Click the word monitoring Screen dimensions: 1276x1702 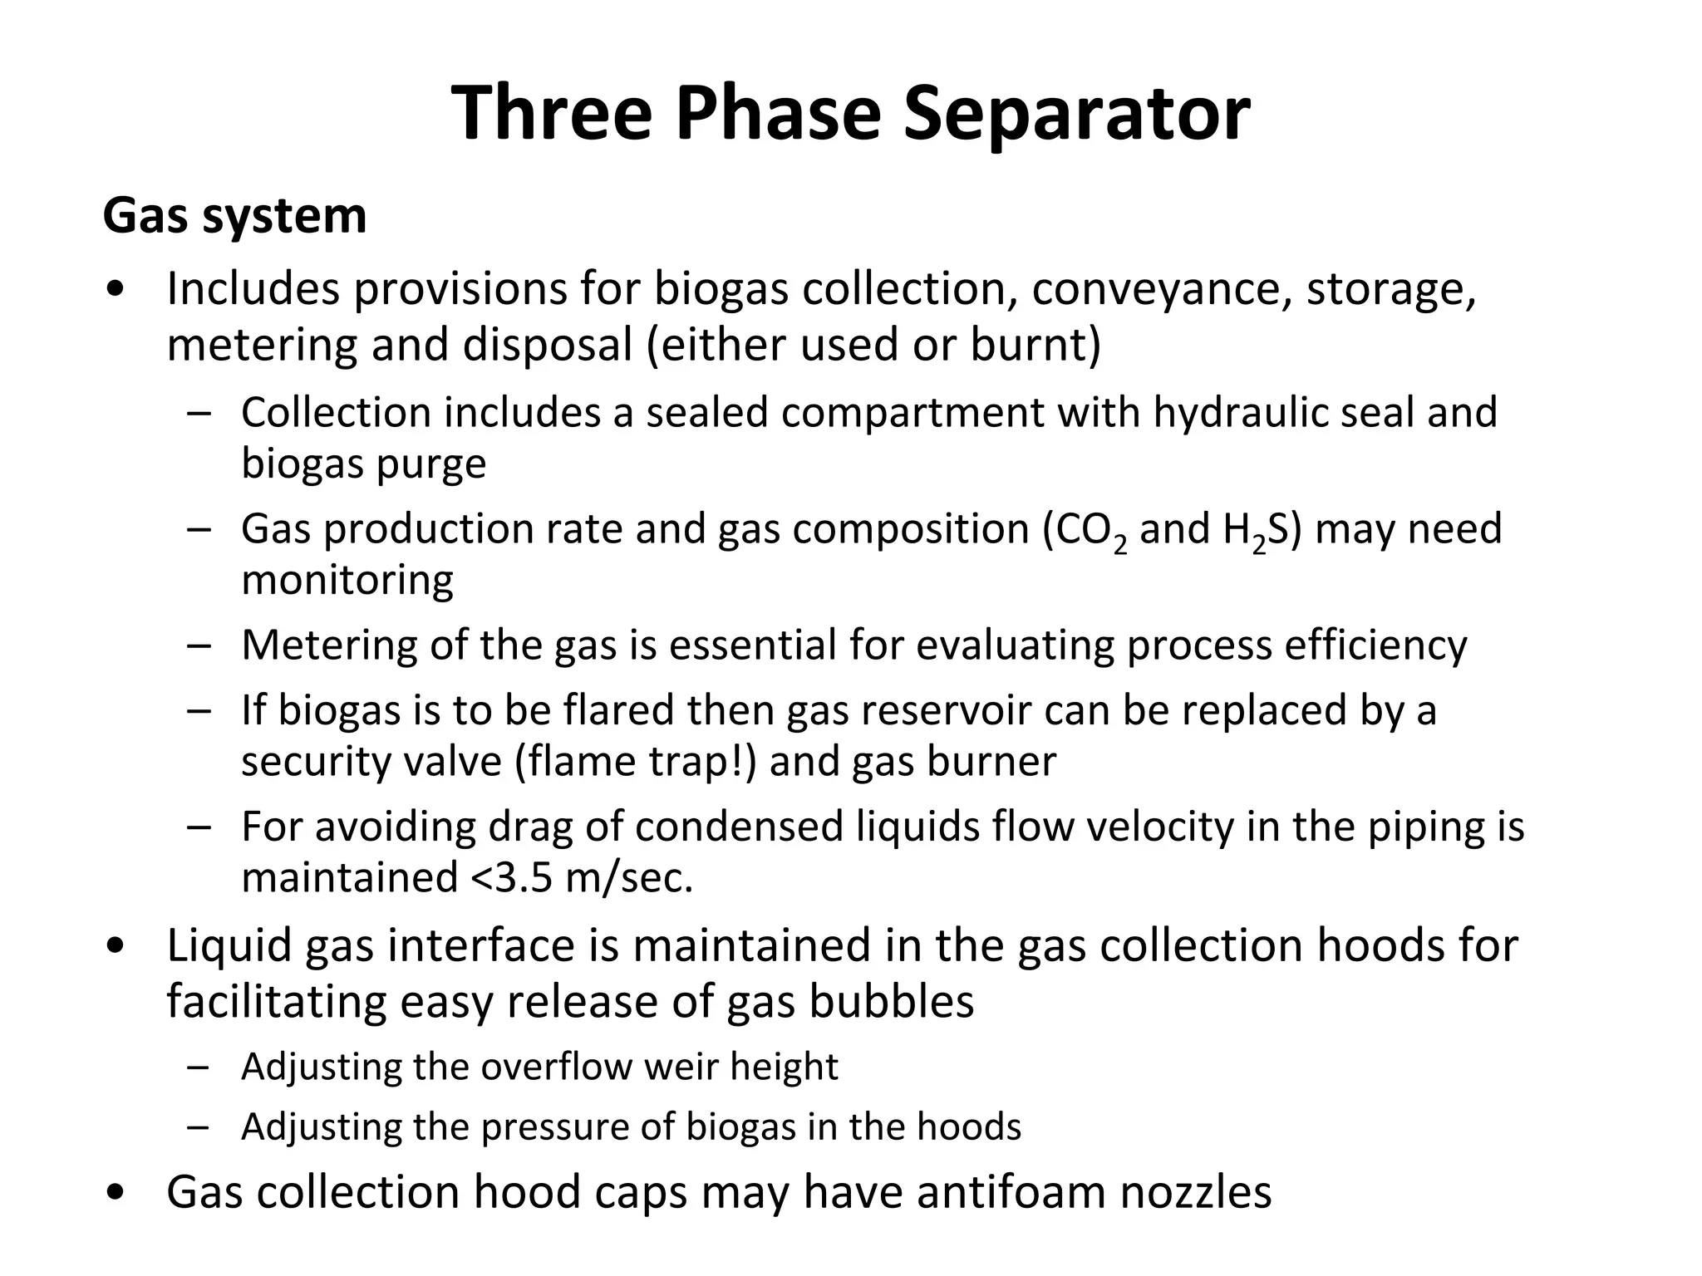click(x=347, y=580)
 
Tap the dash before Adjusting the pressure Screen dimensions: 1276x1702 click(x=199, y=1127)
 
